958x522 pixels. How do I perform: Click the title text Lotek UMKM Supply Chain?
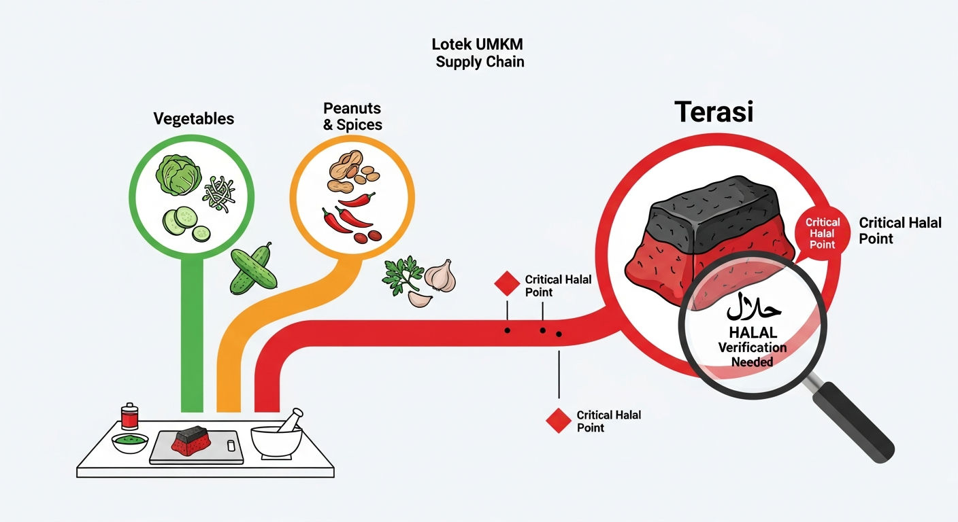point(478,53)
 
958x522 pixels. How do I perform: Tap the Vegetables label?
point(194,119)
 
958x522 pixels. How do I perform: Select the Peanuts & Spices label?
point(352,116)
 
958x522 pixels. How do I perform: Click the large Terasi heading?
point(714,112)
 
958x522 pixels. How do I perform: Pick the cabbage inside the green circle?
point(178,175)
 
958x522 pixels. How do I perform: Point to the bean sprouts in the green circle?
point(219,194)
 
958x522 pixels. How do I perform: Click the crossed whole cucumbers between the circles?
point(253,269)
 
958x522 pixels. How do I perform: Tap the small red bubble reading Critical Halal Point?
point(822,233)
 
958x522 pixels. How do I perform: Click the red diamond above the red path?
point(507,283)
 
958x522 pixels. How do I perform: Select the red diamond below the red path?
point(559,420)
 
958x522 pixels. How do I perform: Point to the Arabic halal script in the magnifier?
point(754,307)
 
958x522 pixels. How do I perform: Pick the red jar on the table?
point(129,416)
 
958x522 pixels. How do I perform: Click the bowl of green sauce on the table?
point(130,442)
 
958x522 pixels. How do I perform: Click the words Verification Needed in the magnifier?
point(753,355)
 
